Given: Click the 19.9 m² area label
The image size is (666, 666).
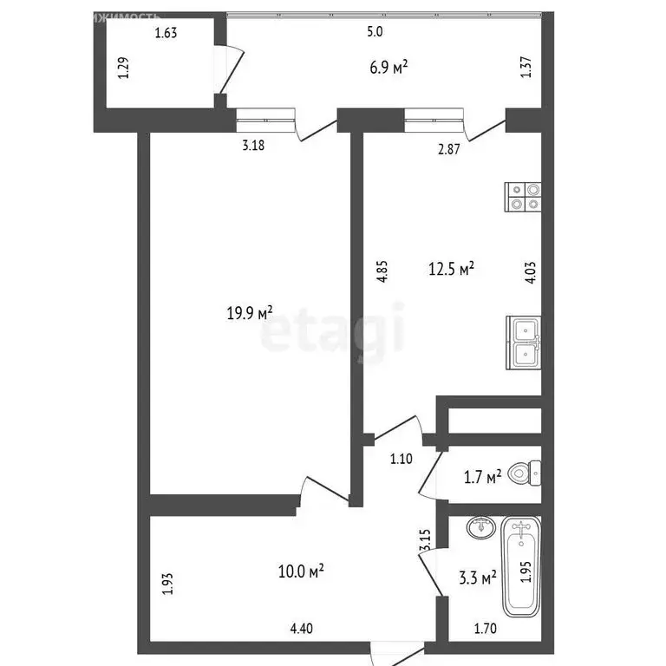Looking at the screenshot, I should (249, 311).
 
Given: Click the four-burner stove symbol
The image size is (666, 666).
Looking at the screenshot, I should (524, 197).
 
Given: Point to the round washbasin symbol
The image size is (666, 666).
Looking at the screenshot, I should (479, 526).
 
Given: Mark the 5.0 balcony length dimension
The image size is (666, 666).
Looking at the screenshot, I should (375, 32).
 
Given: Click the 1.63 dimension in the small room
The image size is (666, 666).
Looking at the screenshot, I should (165, 35).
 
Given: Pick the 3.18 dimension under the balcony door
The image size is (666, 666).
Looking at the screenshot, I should (252, 146).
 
